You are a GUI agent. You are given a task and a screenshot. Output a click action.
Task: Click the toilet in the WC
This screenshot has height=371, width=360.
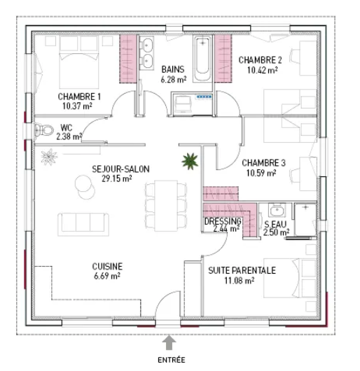coord(44,130)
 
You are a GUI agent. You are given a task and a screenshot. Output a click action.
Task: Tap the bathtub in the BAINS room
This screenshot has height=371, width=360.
coord(202,59)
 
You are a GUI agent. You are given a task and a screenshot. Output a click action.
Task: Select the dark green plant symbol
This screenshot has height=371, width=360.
coord(190,161)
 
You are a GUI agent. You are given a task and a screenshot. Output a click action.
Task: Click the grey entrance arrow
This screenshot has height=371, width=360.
coord(169,342)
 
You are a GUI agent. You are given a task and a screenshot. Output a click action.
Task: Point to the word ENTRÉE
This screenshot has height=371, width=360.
coord(172,360)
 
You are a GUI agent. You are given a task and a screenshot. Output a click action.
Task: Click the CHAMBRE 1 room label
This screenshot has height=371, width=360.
coord(79,97)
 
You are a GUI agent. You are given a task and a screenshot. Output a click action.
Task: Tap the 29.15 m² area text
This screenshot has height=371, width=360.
coord(117,178)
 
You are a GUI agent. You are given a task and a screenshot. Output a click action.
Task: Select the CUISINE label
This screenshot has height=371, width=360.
coord(107,267)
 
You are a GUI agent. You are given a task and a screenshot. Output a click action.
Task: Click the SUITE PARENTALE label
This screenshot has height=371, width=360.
coord(242,270)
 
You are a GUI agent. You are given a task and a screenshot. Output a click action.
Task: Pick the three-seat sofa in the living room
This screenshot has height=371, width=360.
coord(83,224)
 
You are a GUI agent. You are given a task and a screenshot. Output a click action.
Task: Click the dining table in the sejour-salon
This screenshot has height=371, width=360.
coord(166,206)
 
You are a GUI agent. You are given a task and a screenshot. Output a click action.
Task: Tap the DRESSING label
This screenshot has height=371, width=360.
coord(223,221)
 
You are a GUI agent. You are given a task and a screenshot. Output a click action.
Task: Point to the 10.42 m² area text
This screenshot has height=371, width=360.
coord(262,70)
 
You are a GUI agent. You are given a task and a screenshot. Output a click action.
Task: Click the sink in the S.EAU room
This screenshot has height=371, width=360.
coord(277,210)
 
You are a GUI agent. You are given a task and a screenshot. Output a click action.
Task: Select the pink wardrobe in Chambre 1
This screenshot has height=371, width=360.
coord(128,59)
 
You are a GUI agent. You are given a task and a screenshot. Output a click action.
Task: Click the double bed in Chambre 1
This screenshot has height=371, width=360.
coord(79,62)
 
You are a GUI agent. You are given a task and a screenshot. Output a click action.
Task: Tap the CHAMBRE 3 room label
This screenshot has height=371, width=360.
coord(263,163)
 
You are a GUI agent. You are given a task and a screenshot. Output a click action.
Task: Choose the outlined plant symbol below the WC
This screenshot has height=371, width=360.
coord(49,157)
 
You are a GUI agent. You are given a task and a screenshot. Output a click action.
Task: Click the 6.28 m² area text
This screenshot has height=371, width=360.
coord(174,80)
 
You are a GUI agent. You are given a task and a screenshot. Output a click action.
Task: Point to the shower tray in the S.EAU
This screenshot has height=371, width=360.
coord(305,219)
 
